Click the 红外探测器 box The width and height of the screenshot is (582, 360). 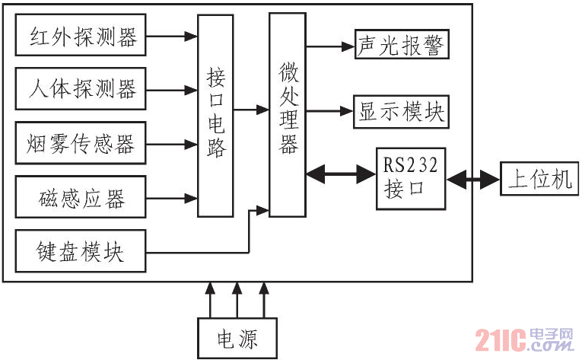[x=81, y=35]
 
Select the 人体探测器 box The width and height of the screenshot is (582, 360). [x=81, y=88]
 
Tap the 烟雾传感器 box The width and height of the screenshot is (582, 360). [x=81, y=142]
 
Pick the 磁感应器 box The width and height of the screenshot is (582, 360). [x=81, y=197]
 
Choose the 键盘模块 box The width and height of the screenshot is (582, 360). [x=81, y=250]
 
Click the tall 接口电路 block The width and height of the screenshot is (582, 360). [x=215, y=116]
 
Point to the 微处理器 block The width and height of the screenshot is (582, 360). [x=288, y=115]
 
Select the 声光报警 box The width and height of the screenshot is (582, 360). [x=402, y=44]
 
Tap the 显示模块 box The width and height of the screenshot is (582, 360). [x=401, y=112]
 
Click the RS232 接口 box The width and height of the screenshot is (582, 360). [x=411, y=179]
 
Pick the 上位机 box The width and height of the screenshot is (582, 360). [x=539, y=178]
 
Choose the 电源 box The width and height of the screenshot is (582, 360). [x=237, y=338]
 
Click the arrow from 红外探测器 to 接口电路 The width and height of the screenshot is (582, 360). [x=171, y=36]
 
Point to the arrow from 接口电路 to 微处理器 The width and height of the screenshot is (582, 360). [x=251, y=110]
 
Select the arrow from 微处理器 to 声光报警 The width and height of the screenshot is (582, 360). [x=330, y=46]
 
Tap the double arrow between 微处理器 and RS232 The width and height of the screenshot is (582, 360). [x=341, y=174]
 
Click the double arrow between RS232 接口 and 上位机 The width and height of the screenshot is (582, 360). [x=473, y=180]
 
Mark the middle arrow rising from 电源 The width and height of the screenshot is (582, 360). [x=237, y=300]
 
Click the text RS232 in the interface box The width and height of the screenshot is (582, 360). [x=410, y=165]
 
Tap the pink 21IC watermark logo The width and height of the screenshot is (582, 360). [x=524, y=339]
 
